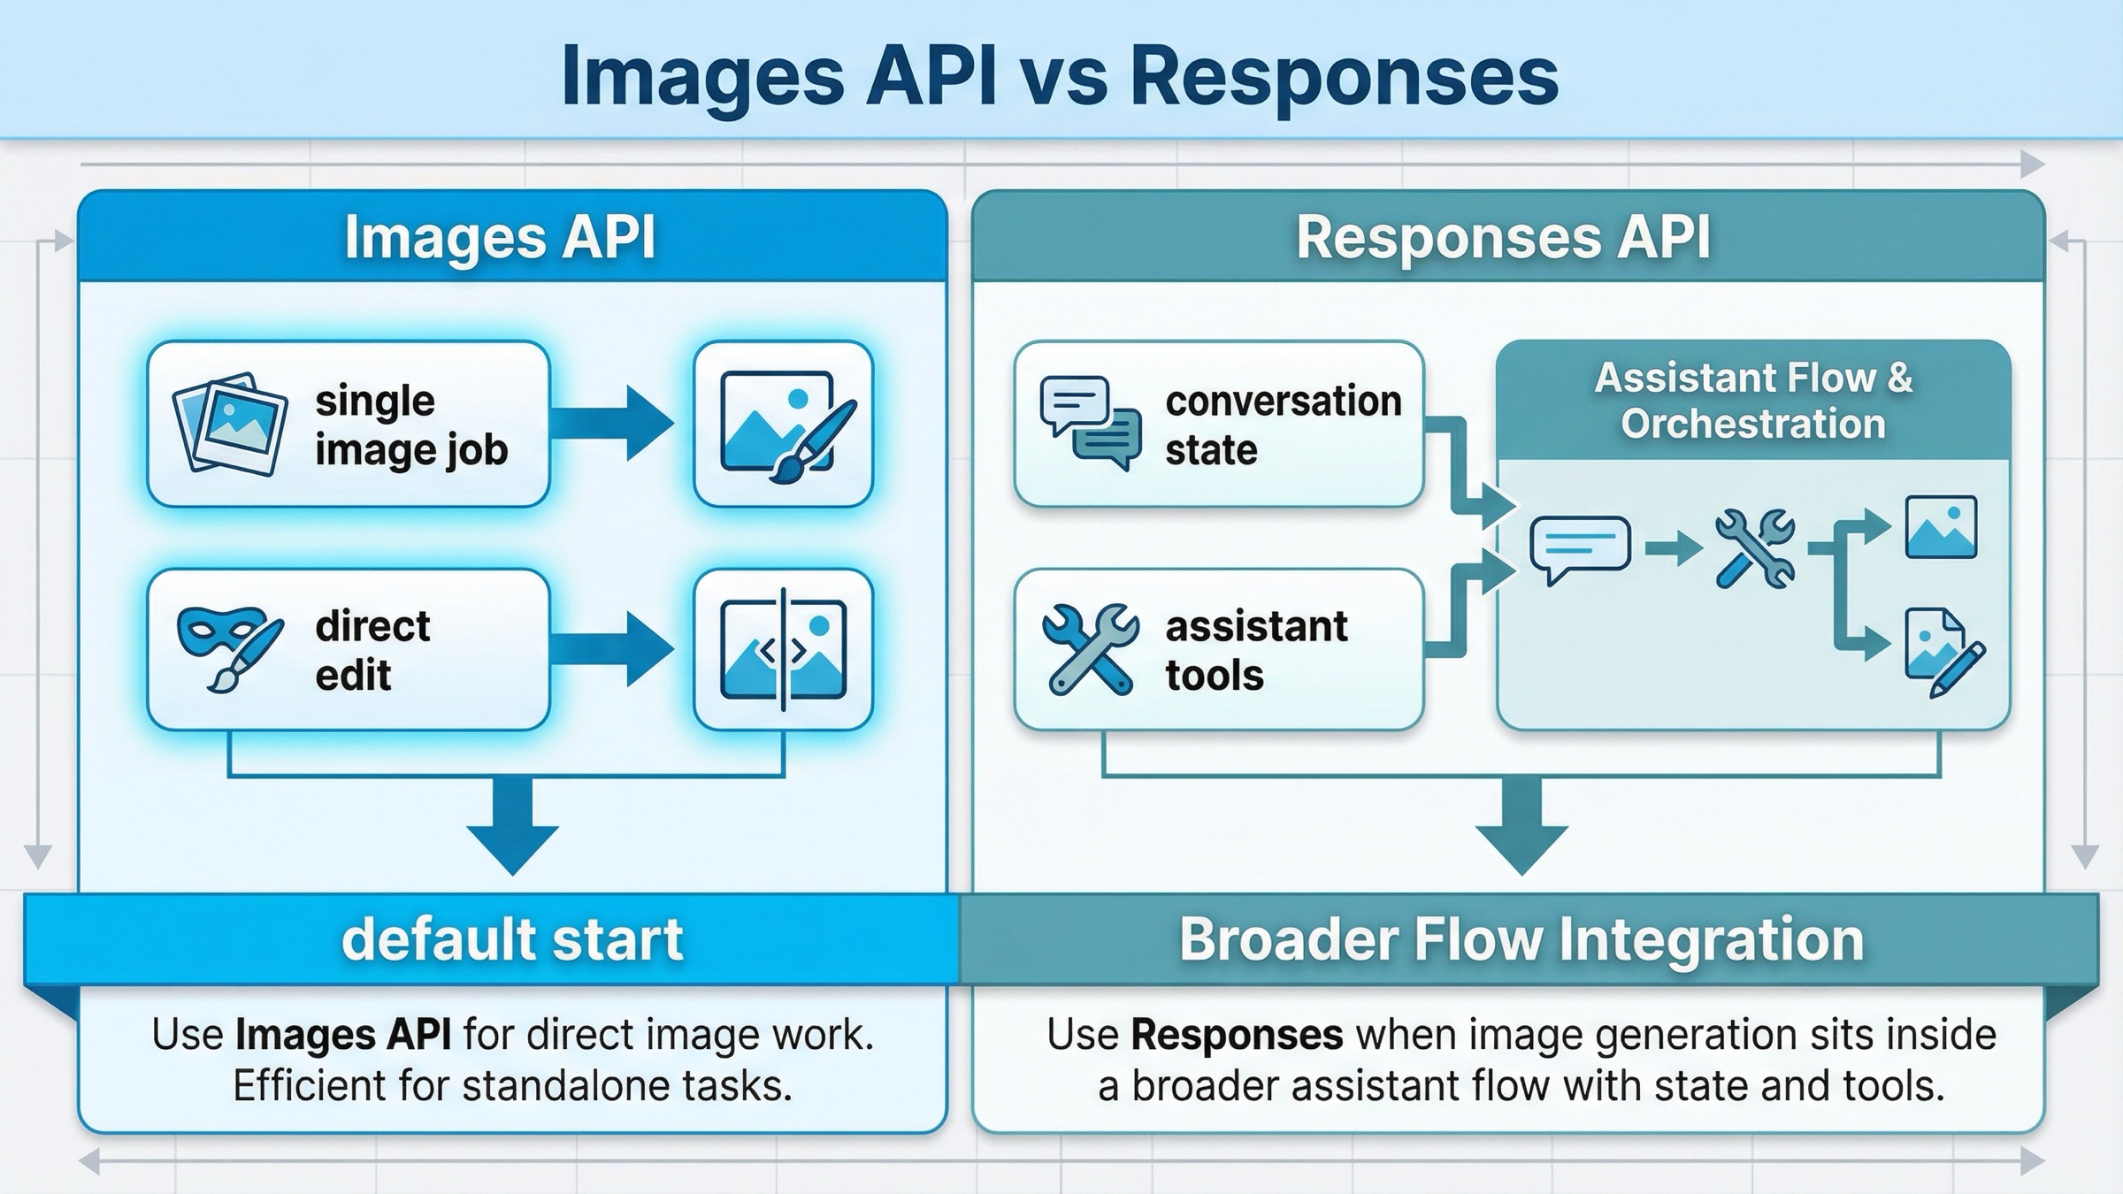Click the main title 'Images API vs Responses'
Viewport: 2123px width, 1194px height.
[x=1059, y=76]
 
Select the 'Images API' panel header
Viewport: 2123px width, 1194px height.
[x=500, y=237]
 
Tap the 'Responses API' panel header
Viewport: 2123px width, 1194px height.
[x=1503, y=237]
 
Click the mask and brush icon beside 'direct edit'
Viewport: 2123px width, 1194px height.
[x=229, y=647]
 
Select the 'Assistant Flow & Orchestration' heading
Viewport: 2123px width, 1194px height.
[x=1753, y=401]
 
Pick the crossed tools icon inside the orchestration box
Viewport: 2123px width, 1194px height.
[x=1755, y=548]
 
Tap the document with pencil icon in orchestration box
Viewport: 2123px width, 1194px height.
[x=1943, y=653]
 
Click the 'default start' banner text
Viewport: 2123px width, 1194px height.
[x=512, y=939]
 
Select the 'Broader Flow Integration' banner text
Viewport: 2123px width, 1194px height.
[x=1521, y=939]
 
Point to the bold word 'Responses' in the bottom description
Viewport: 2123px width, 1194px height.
[x=1237, y=1035]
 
